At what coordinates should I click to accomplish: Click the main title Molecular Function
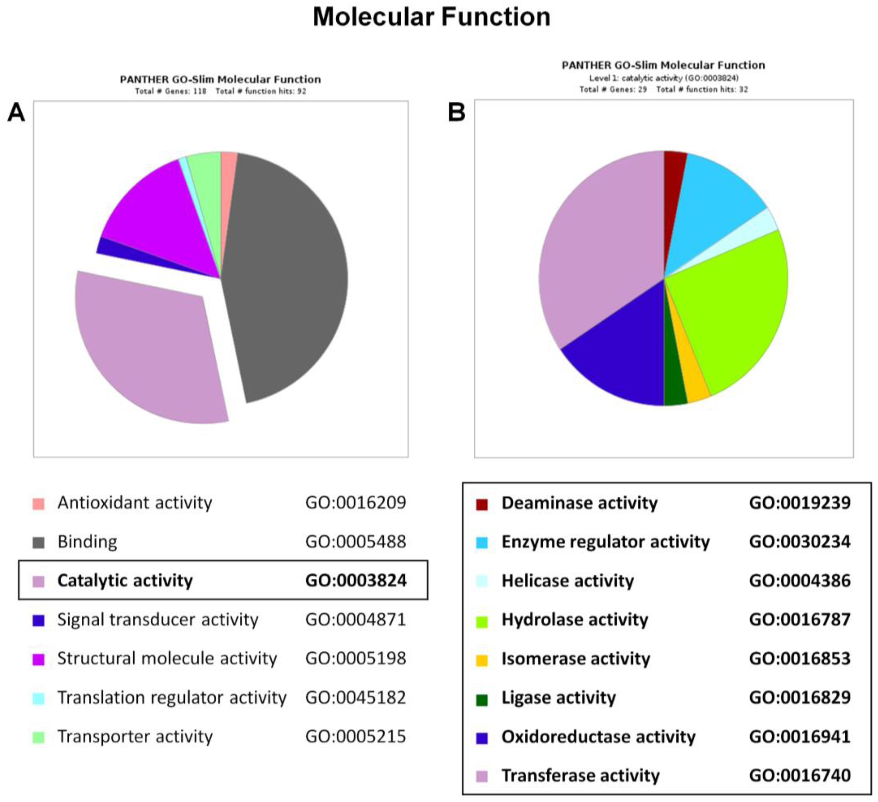[432, 17]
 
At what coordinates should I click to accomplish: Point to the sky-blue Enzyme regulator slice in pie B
[714, 196]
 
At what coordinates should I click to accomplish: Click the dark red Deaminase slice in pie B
[674, 174]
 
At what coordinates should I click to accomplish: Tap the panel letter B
[456, 113]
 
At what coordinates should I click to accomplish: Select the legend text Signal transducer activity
[158, 620]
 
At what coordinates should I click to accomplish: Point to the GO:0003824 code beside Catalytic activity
[356, 580]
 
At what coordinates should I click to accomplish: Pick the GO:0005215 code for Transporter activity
[356, 736]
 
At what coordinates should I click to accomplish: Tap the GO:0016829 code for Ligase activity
[800, 697]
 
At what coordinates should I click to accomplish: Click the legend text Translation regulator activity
[172, 697]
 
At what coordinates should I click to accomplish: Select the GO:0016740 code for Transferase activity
[800, 776]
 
